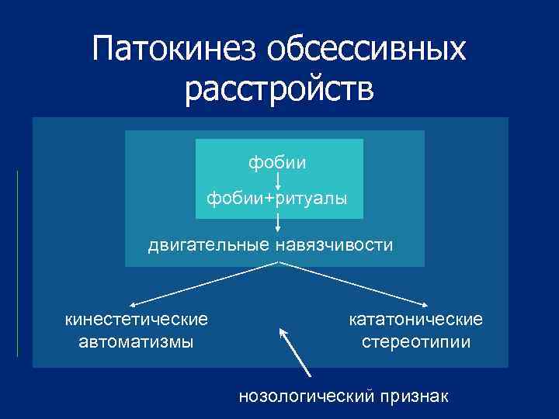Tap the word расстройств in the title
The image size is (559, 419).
[x=279, y=89]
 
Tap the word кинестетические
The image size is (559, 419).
[x=137, y=319]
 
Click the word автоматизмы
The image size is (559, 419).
[x=137, y=341]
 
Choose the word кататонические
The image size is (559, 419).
[x=416, y=319]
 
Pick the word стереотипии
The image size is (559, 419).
[x=416, y=341]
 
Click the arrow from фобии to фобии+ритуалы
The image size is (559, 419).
[x=278, y=181]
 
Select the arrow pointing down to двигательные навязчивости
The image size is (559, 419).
[x=278, y=222]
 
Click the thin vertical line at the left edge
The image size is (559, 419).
[x=17, y=264]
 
